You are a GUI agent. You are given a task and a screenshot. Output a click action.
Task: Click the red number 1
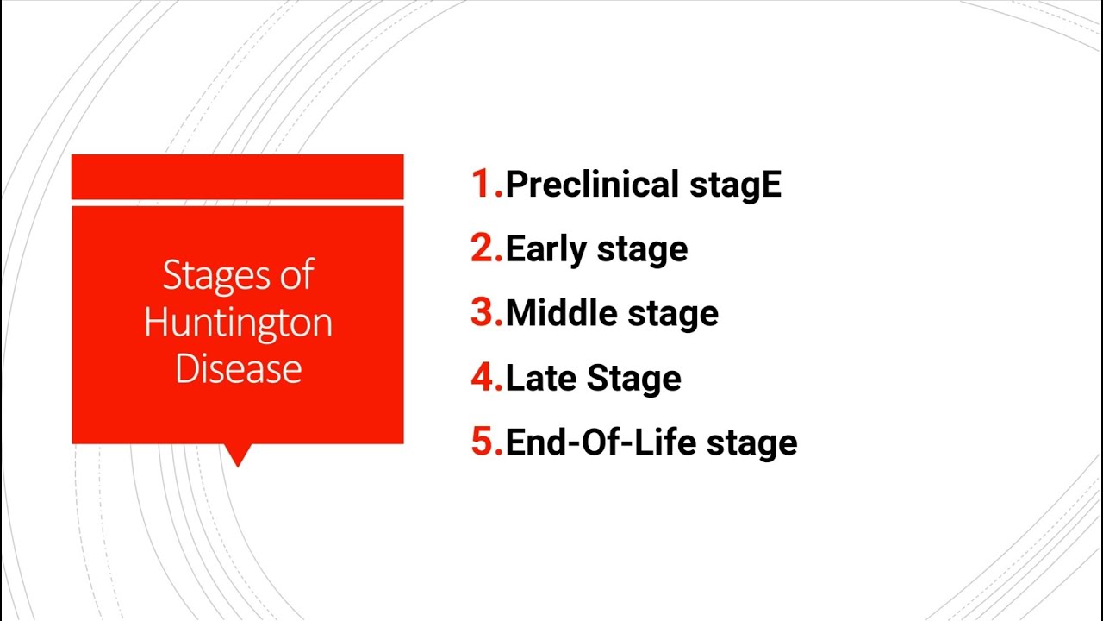click(483, 184)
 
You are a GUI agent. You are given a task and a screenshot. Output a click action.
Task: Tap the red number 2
click(483, 248)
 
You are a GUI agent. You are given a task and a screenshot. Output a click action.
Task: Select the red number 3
click(483, 312)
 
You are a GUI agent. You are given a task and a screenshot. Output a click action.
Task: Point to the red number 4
click(483, 377)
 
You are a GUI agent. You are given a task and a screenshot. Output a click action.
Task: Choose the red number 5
click(483, 442)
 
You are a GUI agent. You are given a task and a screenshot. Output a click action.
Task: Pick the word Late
click(542, 377)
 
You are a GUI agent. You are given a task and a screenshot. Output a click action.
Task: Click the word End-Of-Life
click(601, 442)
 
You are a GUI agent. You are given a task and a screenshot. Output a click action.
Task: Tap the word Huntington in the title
click(238, 322)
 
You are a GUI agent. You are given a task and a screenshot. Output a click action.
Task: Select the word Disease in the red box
click(238, 368)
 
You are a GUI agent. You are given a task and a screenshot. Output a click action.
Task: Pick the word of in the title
click(296, 275)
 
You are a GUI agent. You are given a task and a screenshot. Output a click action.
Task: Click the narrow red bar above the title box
click(237, 177)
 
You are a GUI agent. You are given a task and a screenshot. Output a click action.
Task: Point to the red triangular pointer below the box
click(237, 454)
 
